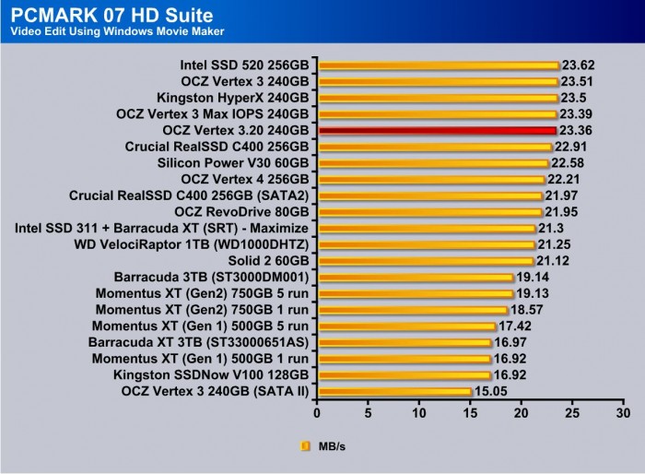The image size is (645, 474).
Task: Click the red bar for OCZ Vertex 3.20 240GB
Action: pyautogui.click(x=437, y=131)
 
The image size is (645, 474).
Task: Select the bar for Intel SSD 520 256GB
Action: pyautogui.click(x=439, y=65)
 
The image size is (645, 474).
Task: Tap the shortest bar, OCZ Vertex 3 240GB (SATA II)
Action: pyautogui.click(x=394, y=392)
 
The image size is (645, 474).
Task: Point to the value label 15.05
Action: pyautogui.click(x=489, y=392)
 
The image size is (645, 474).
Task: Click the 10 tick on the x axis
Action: pyautogui.click(x=419, y=411)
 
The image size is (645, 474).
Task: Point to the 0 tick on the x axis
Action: pyautogui.click(x=317, y=411)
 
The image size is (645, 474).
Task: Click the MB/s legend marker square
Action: pyautogui.click(x=305, y=446)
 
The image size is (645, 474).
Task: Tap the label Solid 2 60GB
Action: pyautogui.click(x=267, y=261)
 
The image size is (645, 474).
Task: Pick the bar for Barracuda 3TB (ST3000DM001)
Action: pyautogui.click(x=415, y=278)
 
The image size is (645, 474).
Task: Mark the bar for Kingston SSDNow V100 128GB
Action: pyautogui.click(x=404, y=375)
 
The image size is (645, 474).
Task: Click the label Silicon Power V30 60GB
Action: pyautogui.click(x=234, y=163)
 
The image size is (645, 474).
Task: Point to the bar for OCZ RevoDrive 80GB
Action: pyautogui.click(x=429, y=212)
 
